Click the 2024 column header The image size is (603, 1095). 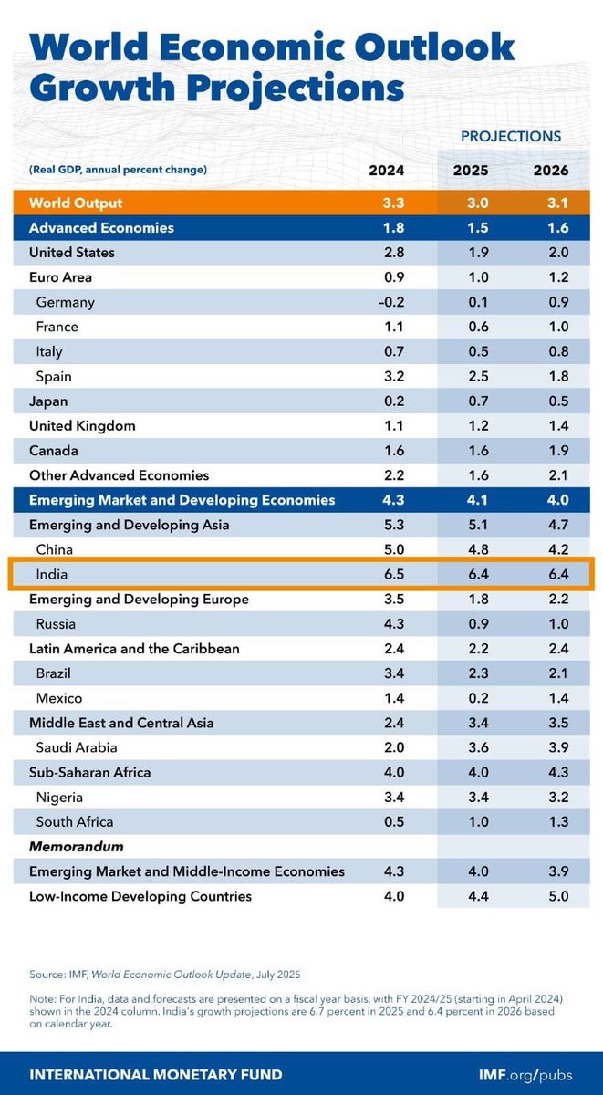click(386, 171)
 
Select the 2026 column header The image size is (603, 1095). click(550, 171)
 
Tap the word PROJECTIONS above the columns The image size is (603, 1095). click(510, 136)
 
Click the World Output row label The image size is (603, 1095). click(76, 203)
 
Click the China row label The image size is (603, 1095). click(54, 549)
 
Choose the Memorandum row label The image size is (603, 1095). click(76, 847)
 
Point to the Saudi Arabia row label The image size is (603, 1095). click(78, 747)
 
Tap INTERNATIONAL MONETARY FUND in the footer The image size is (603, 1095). click(156, 1074)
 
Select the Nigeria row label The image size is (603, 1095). click(60, 798)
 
